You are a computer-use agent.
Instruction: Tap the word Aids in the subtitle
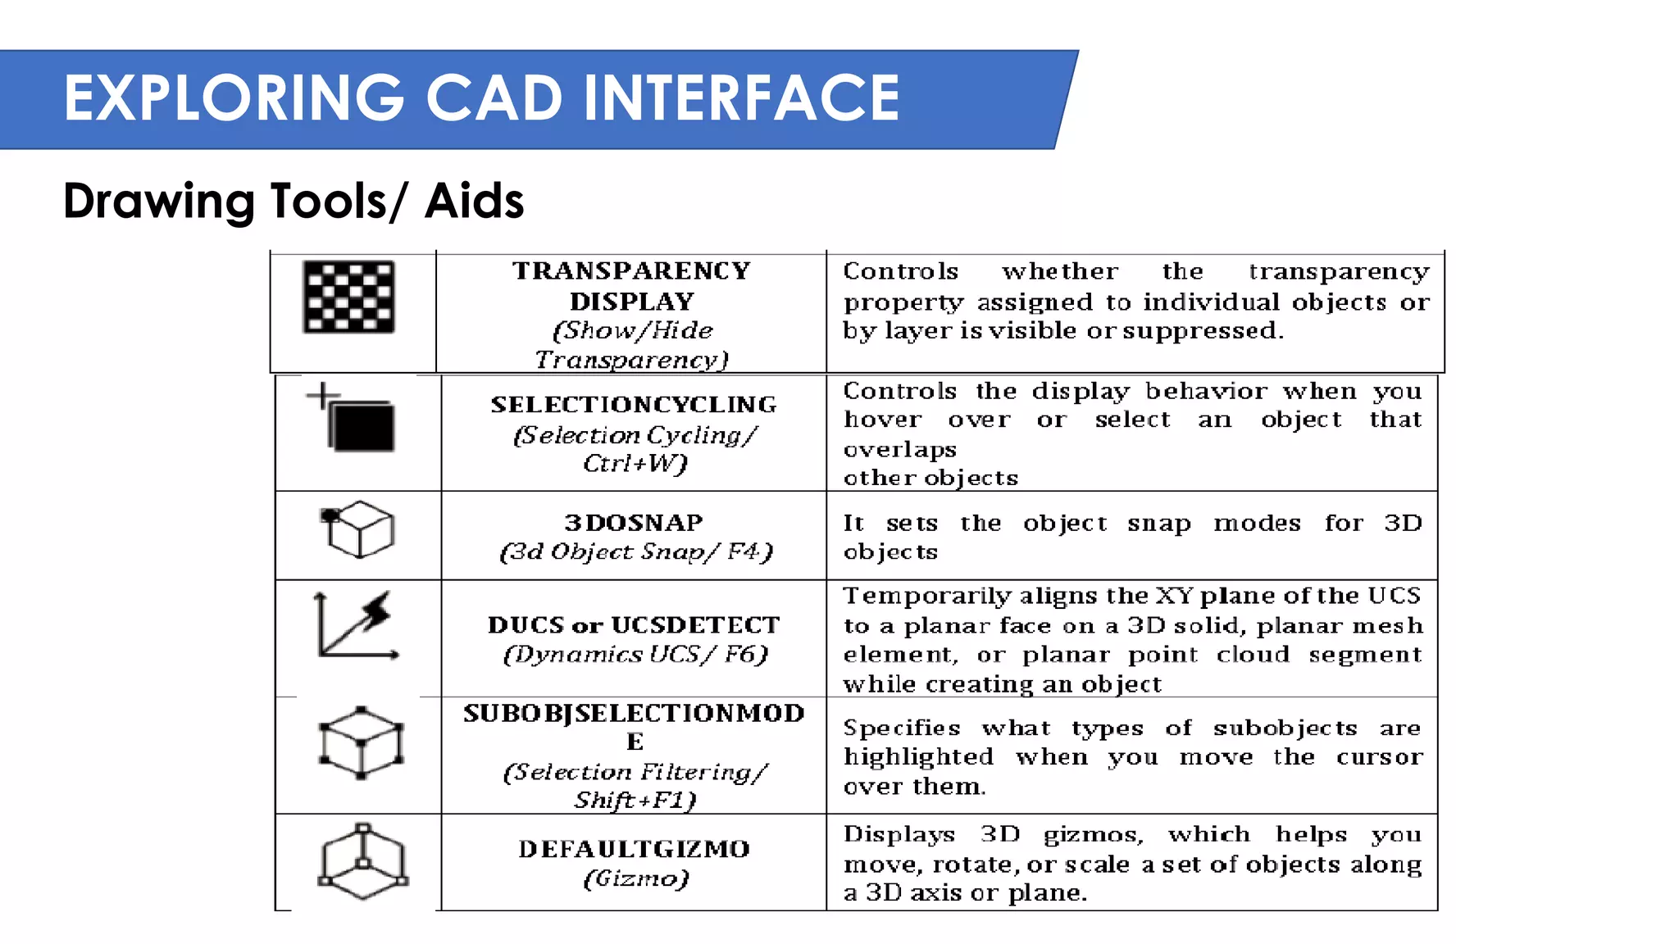tap(474, 202)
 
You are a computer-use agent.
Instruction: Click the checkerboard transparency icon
tap(348, 297)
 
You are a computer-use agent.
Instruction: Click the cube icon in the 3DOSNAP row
tap(358, 530)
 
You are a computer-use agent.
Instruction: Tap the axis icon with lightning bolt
tap(357, 626)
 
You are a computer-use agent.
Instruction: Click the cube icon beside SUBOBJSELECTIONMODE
tap(361, 742)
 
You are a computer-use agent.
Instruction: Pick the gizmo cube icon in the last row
tap(362, 862)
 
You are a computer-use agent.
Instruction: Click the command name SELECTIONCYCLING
tap(634, 405)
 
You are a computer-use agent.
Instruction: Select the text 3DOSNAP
tap(634, 523)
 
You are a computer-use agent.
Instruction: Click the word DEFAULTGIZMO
tap(634, 849)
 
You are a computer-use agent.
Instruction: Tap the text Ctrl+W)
tap(635, 464)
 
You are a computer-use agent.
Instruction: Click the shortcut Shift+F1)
tap(635, 800)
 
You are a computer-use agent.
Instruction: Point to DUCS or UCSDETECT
tap(634, 625)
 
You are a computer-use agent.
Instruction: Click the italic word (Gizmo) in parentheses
tap(636, 878)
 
